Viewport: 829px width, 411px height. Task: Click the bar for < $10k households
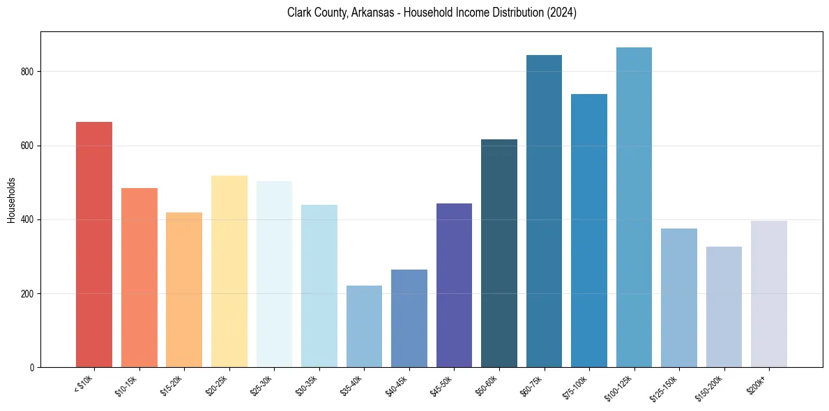point(94,245)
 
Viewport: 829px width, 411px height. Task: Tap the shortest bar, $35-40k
point(364,327)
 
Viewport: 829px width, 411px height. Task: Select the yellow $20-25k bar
point(229,272)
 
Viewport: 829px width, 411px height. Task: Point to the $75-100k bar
point(589,231)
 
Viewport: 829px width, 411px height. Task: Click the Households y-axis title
point(11,199)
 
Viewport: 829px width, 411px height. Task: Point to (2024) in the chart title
point(562,13)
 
